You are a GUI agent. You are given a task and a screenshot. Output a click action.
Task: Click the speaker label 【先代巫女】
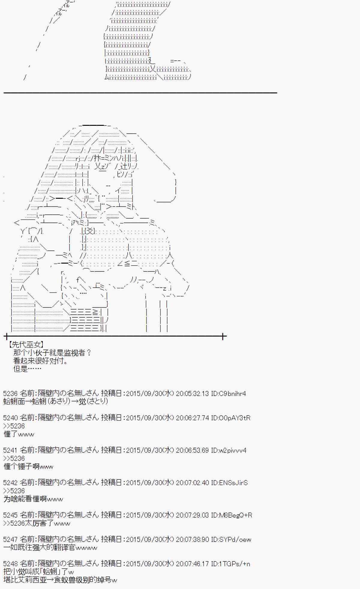tap(26, 345)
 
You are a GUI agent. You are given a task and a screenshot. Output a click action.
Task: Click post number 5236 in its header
tap(10, 393)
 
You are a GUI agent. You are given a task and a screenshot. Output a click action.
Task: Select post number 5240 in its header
tap(10, 418)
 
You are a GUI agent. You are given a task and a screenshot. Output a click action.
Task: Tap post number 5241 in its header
tap(10, 450)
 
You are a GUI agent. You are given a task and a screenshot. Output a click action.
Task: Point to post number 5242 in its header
tap(10, 482)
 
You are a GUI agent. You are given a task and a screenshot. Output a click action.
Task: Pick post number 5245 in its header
tap(10, 515)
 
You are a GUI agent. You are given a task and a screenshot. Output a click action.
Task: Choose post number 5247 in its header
tap(10, 539)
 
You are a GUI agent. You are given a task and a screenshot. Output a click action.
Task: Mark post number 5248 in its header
tap(10, 564)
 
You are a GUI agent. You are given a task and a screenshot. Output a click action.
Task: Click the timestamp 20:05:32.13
tap(192, 393)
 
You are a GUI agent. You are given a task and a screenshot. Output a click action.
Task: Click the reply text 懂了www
tap(19, 434)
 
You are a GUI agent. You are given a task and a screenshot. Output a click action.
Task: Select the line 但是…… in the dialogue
tap(27, 369)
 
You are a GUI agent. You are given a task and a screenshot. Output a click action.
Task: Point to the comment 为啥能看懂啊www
tap(33, 499)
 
